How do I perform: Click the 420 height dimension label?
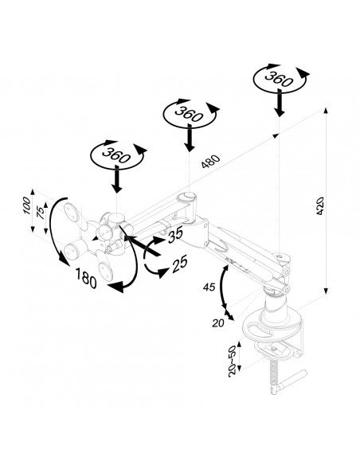(319, 205)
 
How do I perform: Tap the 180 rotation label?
(86, 278)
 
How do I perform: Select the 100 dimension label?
(27, 205)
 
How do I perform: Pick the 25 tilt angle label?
(179, 264)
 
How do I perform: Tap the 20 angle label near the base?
(218, 323)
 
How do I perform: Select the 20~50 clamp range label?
(233, 361)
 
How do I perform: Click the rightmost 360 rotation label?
(279, 79)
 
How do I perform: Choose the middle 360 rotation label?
(189, 114)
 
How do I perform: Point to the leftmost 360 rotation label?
(116, 154)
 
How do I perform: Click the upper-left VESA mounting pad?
(72, 212)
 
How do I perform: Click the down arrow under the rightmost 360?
(279, 101)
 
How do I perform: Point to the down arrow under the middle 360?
(190, 138)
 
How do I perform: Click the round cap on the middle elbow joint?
(186, 197)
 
